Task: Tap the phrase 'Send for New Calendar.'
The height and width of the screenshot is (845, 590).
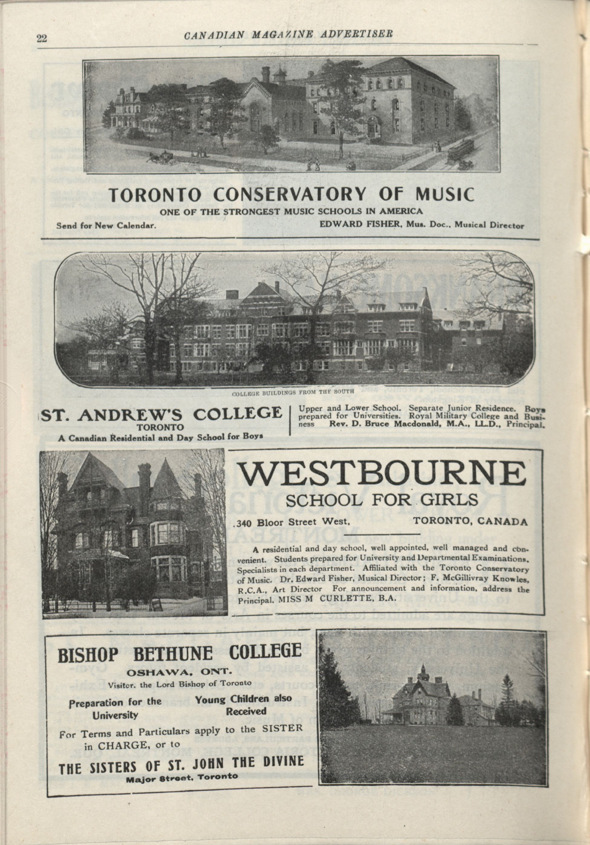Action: pyautogui.click(x=106, y=226)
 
